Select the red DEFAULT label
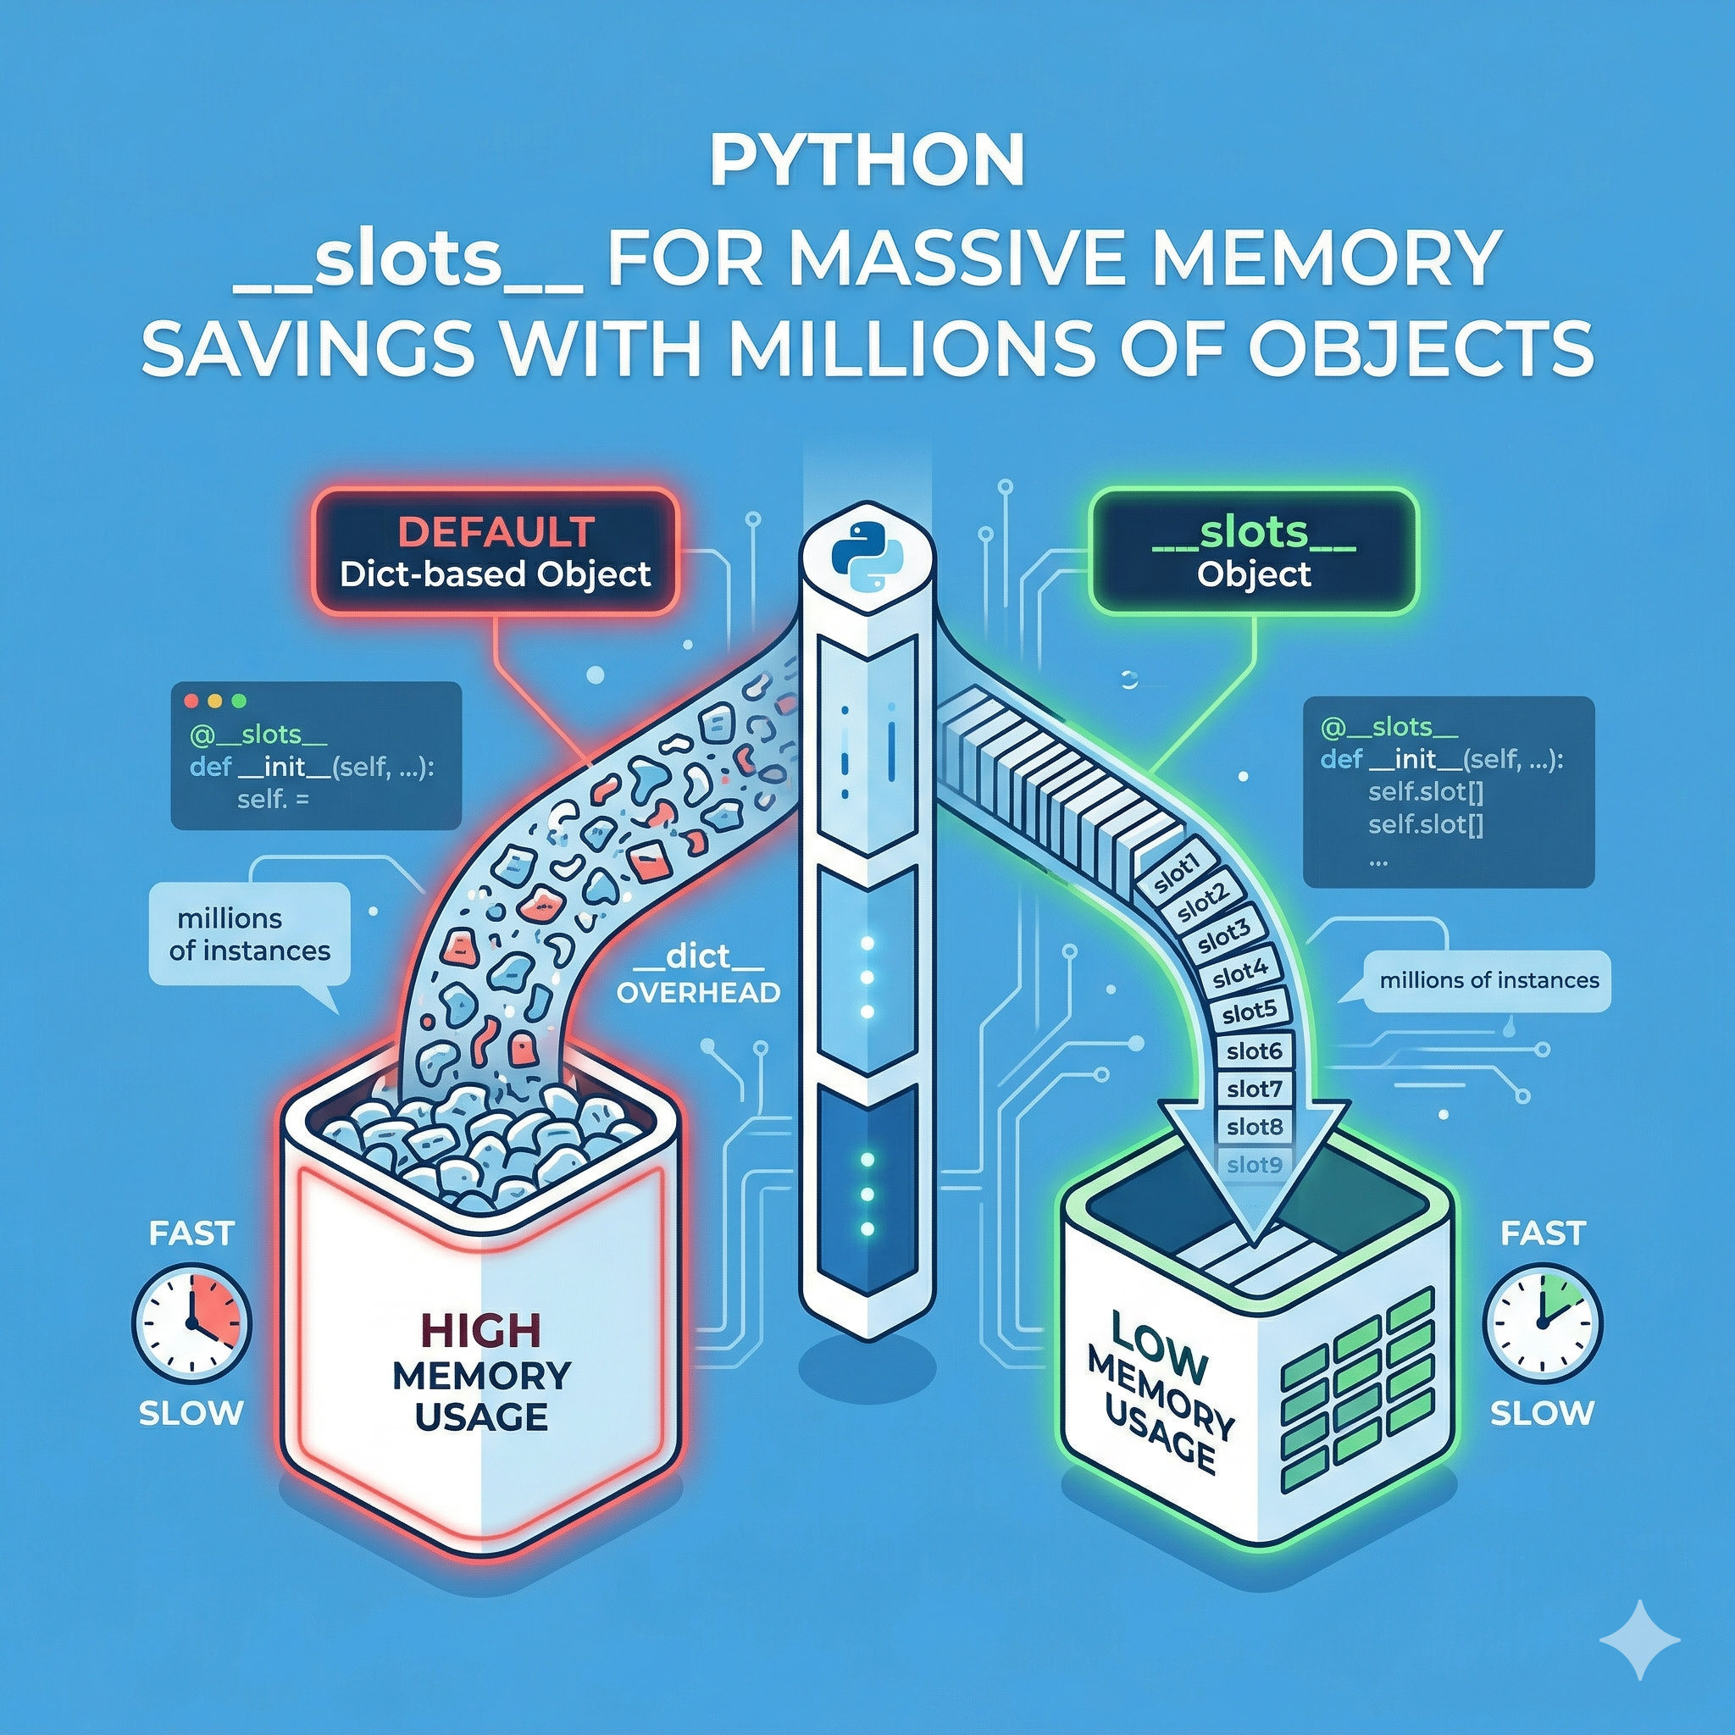pos(496,532)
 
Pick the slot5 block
pos(1250,1012)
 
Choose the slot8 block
pos(1255,1126)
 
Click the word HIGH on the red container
pos(481,1331)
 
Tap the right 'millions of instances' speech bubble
pos(1488,981)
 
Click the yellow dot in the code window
pos(213,701)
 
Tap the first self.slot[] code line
pos(1425,792)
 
